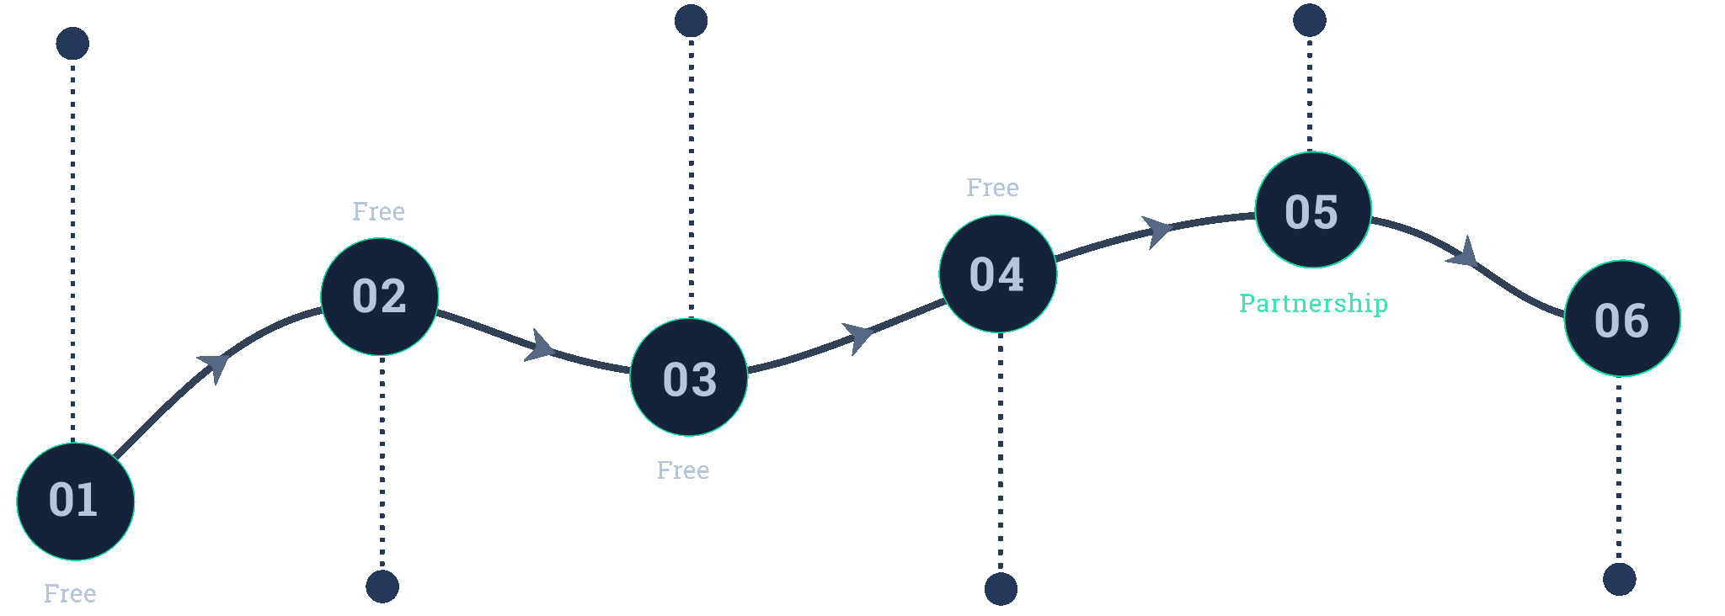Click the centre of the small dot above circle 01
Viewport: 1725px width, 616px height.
[x=72, y=44]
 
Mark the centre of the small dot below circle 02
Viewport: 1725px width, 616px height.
[x=382, y=587]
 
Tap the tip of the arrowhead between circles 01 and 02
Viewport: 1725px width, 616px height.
[x=229, y=356]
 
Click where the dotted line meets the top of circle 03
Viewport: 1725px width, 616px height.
[x=692, y=319]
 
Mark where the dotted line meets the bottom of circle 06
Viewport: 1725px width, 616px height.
[x=1619, y=376]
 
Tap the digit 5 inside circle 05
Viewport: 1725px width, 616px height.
[x=1325, y=212]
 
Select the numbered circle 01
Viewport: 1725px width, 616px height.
[x=76, y=502]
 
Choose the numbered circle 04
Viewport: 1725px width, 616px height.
[x=998, y=273]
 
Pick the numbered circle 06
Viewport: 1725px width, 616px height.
[x=1622, y=318]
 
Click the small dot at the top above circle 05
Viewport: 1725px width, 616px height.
[x=1310, y=20]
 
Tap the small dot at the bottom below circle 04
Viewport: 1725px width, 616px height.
[x=1001, y=589]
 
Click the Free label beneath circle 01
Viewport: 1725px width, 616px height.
[x=70, y=593]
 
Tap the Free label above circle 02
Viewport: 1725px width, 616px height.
[x=378, y=211]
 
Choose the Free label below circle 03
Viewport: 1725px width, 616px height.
[x=683, y=470]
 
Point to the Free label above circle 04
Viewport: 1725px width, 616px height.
[x=992, y=188]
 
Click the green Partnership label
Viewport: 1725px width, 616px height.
[x=1314, y=303]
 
